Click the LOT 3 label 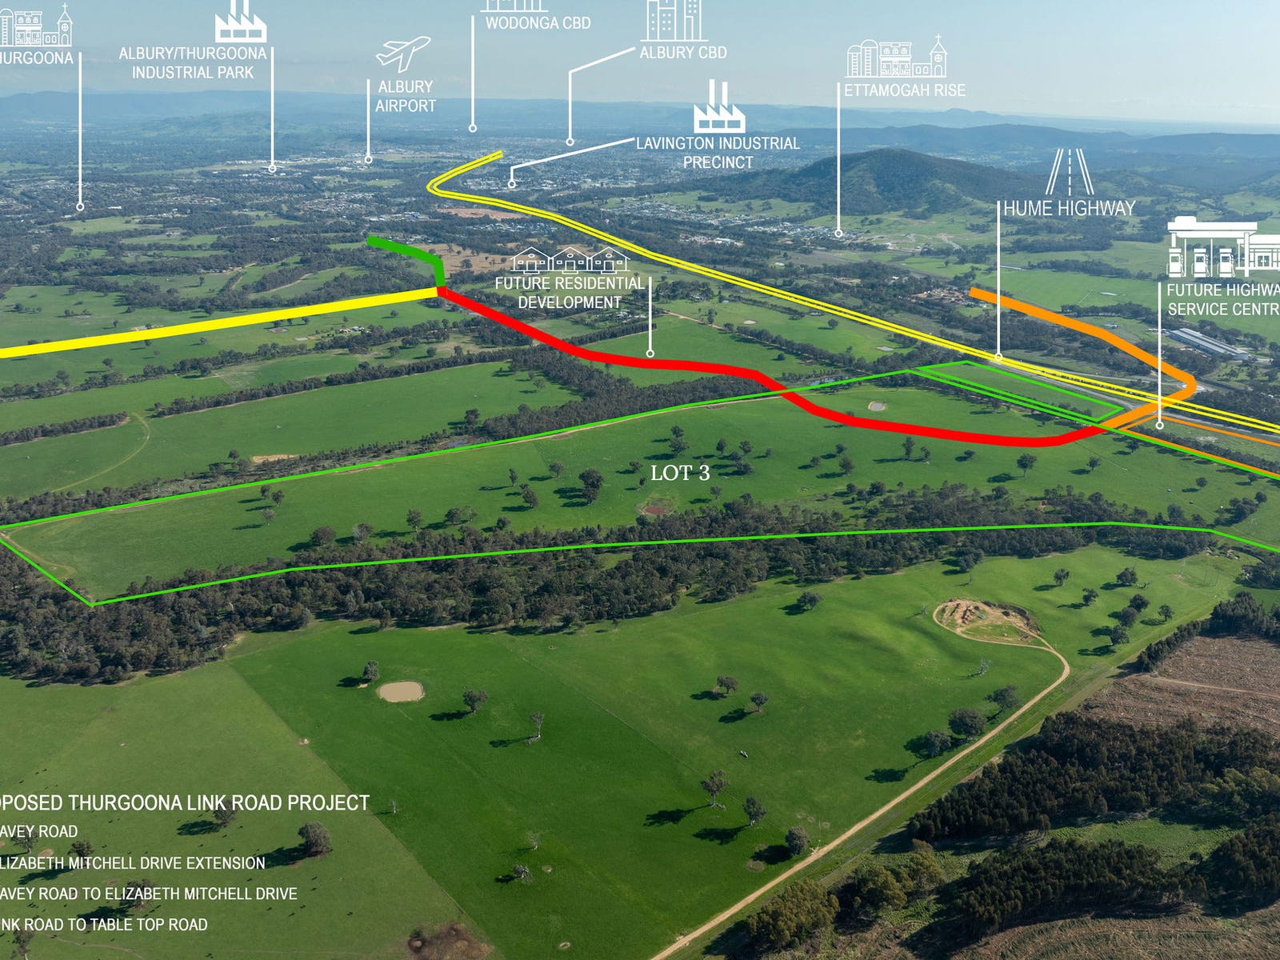tap(680, 473)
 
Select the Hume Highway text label tap(1070, 209)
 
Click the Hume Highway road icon tap(1070, 171)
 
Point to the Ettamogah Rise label tap(905, 90)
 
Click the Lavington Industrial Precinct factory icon tap(718, 107)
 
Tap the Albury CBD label tap(683, 53)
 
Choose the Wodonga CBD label tap(538, 23)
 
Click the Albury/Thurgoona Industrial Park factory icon tap(240, 21)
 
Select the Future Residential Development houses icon tap(570, 260)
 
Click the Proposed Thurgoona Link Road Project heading tap(184, 802)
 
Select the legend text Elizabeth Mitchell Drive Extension tap(132, 863)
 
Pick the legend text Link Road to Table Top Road tap(104, 925)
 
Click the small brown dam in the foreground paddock tap(400, 690)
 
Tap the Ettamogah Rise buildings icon tap(897, 58)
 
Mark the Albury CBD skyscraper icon tap(673, 20)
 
